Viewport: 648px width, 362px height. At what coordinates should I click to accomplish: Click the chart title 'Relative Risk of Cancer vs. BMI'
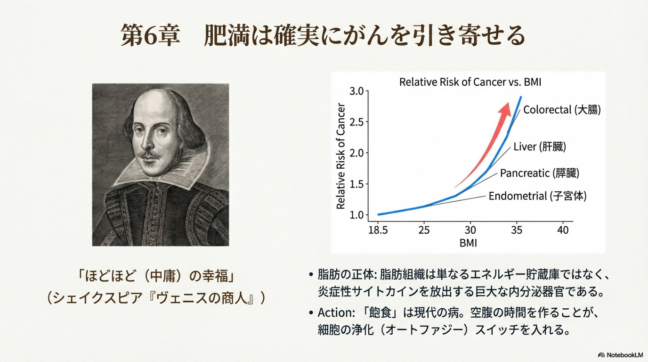(x=470, y=82)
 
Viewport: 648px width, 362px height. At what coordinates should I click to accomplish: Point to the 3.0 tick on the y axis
(x=359, y=91)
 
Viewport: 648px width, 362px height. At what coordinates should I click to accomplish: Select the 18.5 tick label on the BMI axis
(x=378, y=230)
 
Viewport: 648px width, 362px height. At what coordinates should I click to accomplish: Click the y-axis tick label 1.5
(x=359, y=184)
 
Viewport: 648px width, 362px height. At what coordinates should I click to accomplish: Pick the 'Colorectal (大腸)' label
(x=562, y=110)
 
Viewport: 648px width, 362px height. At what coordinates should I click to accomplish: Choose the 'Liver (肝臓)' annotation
(x=540, y=147)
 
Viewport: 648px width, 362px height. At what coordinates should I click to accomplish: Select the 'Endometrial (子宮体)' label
(x=538, y=196)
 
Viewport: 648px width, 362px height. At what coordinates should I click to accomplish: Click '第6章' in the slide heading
(x=150, y=35)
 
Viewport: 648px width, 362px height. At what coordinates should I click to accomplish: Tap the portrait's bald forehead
(x=155, y=101)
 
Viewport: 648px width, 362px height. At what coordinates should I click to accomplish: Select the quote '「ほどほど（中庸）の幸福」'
(x=156, y=276)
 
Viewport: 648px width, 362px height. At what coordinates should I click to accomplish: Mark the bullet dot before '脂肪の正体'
(x=311, y=275)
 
